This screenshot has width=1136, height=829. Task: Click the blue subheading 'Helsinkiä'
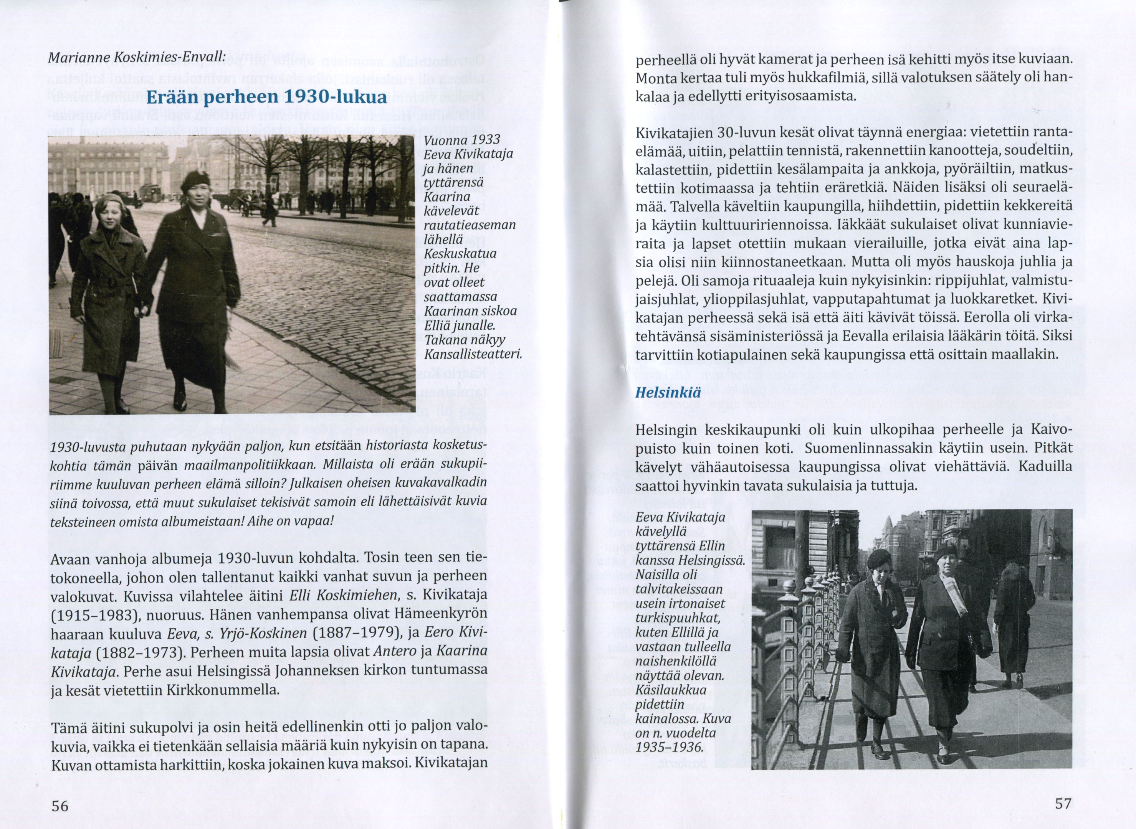668,392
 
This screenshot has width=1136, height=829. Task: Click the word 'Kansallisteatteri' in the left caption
473,355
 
